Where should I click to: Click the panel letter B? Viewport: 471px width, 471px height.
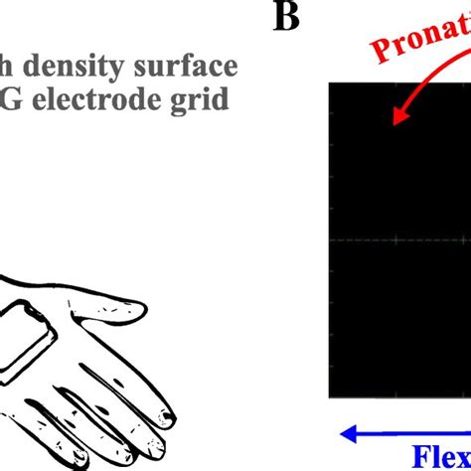point(285,17)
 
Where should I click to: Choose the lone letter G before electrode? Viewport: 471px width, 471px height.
point(12,99)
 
